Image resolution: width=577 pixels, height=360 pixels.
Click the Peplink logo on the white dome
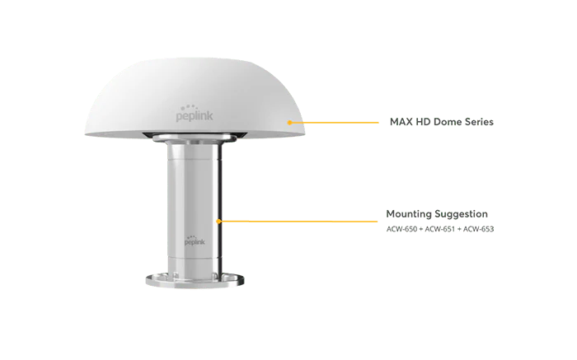[195, 113]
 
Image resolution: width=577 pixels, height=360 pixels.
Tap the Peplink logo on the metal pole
[195, 241]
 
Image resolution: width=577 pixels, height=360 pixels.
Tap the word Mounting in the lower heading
[409, 214]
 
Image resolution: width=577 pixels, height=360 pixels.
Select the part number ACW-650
[402, 229]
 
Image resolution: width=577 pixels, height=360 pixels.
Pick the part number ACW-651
[440, 229]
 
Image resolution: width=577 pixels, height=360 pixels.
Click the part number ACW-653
[478, 229]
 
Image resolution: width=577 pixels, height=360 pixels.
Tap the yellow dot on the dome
[289, 123]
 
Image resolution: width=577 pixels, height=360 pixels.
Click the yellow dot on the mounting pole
[218, 222]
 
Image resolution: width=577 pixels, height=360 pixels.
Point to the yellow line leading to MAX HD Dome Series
[334, 123]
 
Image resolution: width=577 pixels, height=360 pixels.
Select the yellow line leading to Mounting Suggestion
[298, 222]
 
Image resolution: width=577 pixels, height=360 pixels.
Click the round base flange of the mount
[195, 280]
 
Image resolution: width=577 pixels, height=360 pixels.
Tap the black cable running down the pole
[220, 209]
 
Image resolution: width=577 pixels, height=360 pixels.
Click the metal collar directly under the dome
[195, 138]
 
